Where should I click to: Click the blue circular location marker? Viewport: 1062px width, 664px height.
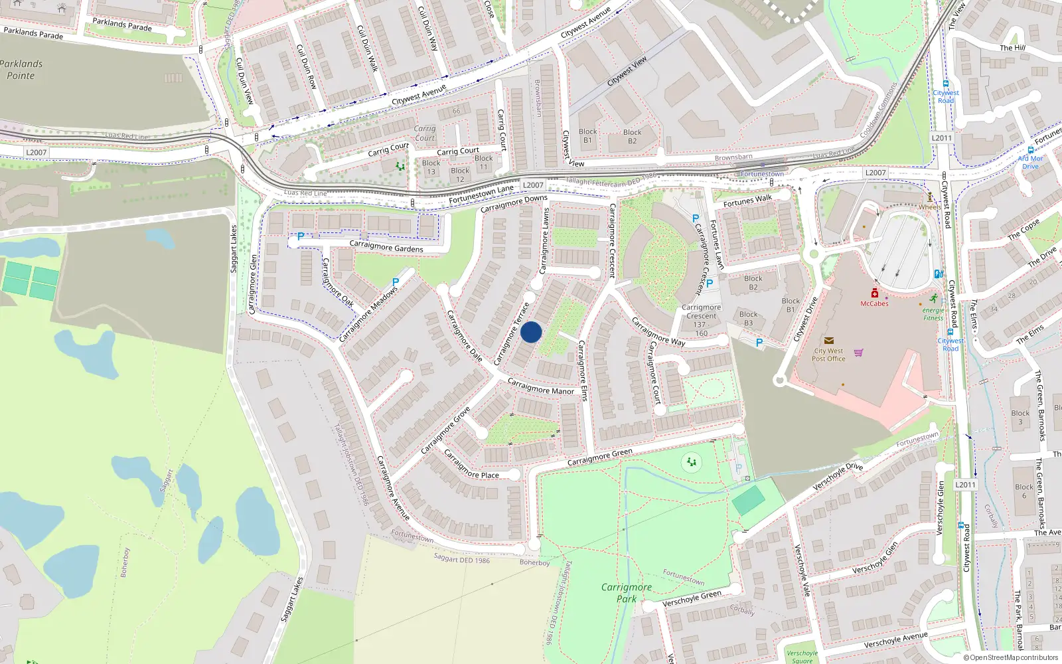[531, 332]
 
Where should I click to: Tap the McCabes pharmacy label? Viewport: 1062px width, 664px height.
[874, 303]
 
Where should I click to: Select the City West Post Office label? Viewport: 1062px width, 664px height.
[828, 355]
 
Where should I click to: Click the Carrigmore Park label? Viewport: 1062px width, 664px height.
[626, 592]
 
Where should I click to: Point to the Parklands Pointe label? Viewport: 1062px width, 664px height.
[21, 70]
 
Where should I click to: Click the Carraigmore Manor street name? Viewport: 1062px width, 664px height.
[540, 386]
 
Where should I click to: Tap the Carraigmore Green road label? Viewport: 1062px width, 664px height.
[599, 457]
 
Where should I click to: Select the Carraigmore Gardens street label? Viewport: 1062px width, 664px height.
[386, 247]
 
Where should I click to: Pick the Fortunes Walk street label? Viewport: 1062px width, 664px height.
[747, 201]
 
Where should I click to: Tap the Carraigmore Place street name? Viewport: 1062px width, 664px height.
[471, 465]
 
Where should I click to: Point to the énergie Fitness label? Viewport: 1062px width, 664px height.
[933, 314]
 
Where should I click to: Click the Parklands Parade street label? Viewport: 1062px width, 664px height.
[33, 33]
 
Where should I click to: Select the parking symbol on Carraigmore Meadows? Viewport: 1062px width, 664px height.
[396, 282]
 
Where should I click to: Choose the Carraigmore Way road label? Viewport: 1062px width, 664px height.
[657, 331]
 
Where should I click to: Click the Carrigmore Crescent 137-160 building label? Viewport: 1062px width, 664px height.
[701, 320]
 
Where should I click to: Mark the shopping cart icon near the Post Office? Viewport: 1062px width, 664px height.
[858, 353]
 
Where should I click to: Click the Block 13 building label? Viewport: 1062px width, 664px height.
[431, 167]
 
